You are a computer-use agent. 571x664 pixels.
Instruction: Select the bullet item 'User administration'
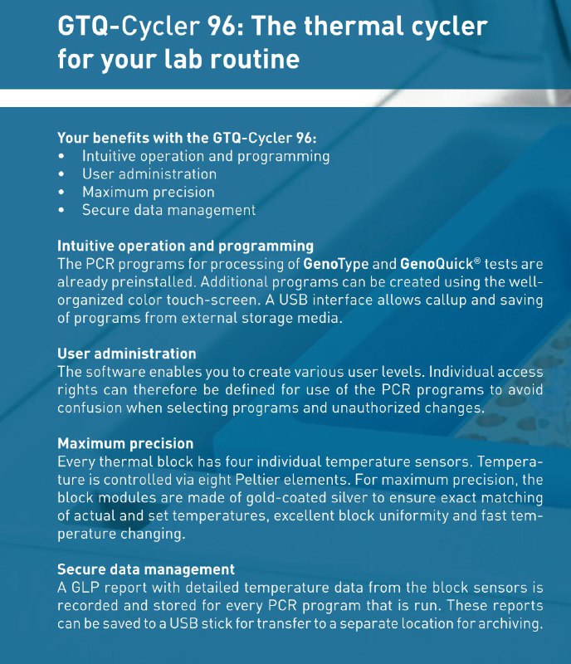coord(149,174)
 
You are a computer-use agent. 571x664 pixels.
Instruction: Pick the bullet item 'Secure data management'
coord(168,211)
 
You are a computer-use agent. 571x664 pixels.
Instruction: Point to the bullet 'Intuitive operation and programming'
coord(205,156)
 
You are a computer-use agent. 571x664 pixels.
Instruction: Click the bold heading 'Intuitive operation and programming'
coord(185,247)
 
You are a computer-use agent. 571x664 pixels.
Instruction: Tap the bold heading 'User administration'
coord(126,354)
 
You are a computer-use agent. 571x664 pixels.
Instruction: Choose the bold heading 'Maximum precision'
coord(124,444)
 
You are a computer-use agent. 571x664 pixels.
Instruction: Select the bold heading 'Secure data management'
coord(145,569)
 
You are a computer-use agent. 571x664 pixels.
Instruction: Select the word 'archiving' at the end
coord(508,624)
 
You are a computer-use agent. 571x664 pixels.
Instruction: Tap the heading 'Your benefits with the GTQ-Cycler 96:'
coord(187,138)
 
